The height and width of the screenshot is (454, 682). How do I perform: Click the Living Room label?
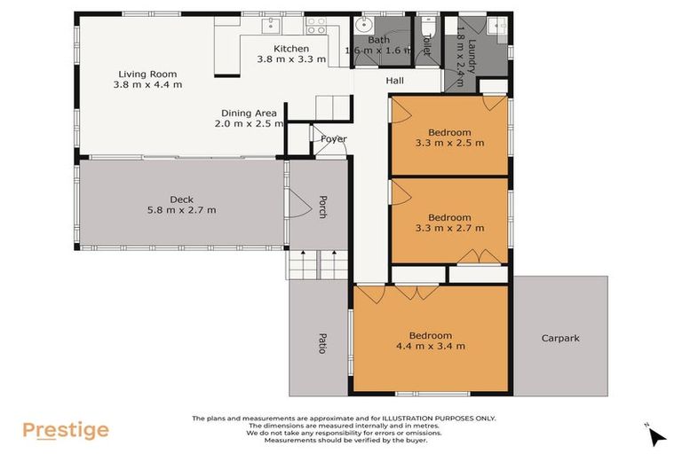click(148, 74)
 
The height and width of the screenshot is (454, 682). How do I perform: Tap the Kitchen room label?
click(290, 49)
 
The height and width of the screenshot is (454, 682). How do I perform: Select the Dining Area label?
click(250, 113)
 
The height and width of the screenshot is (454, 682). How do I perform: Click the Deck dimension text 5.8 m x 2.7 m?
click(181, 210)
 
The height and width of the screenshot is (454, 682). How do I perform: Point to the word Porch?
click(324, 208)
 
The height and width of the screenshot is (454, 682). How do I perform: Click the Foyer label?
click(334, 139)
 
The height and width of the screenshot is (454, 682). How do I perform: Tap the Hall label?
click(395, 81)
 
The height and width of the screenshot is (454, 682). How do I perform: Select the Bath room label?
click(379, 40)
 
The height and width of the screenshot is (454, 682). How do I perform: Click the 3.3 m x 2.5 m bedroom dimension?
click(449, 143)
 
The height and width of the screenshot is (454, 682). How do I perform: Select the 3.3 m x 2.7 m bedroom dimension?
click(449, 228)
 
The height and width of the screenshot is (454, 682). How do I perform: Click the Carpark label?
click(561, 338)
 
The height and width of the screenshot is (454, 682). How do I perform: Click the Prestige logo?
click(66, 431)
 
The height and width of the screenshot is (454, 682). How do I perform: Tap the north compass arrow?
click(656, 435)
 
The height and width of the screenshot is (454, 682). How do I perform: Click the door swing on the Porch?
click(298, 209)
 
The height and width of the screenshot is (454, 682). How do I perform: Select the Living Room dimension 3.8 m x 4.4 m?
click(148, 85)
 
